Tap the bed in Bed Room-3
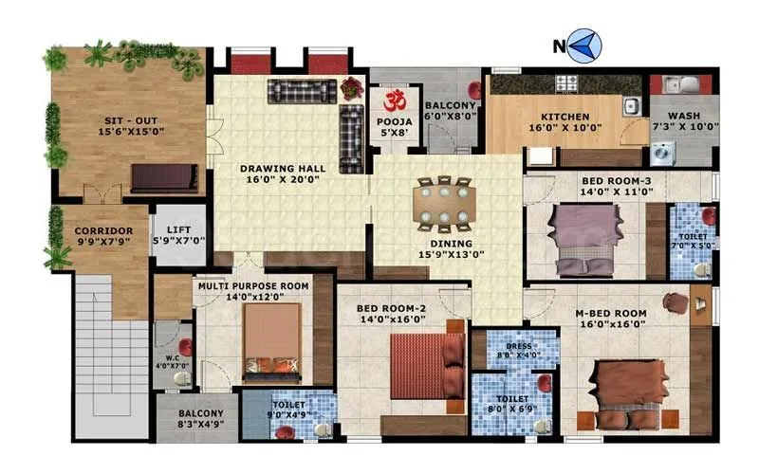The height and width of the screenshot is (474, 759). click(585, 240)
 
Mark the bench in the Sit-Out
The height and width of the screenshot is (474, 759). click(157, 178)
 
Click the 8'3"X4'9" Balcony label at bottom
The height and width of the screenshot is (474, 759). click(198, 419)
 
